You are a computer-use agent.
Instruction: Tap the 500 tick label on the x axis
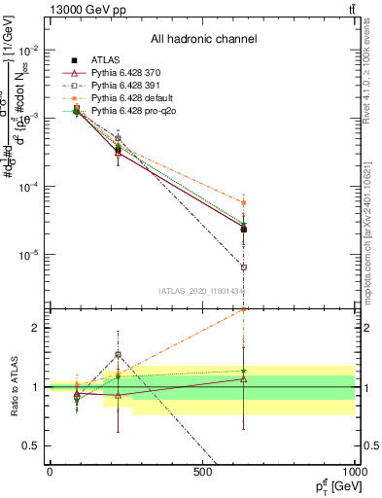point(202,471)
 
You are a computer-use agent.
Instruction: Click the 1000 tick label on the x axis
point(353,471)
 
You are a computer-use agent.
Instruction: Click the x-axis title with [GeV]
point(327,485)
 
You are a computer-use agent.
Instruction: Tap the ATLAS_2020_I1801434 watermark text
point(202,291)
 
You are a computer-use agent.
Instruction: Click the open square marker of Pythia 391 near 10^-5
point(244,267)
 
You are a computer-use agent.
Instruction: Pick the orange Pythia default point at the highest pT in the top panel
point(244,202)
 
